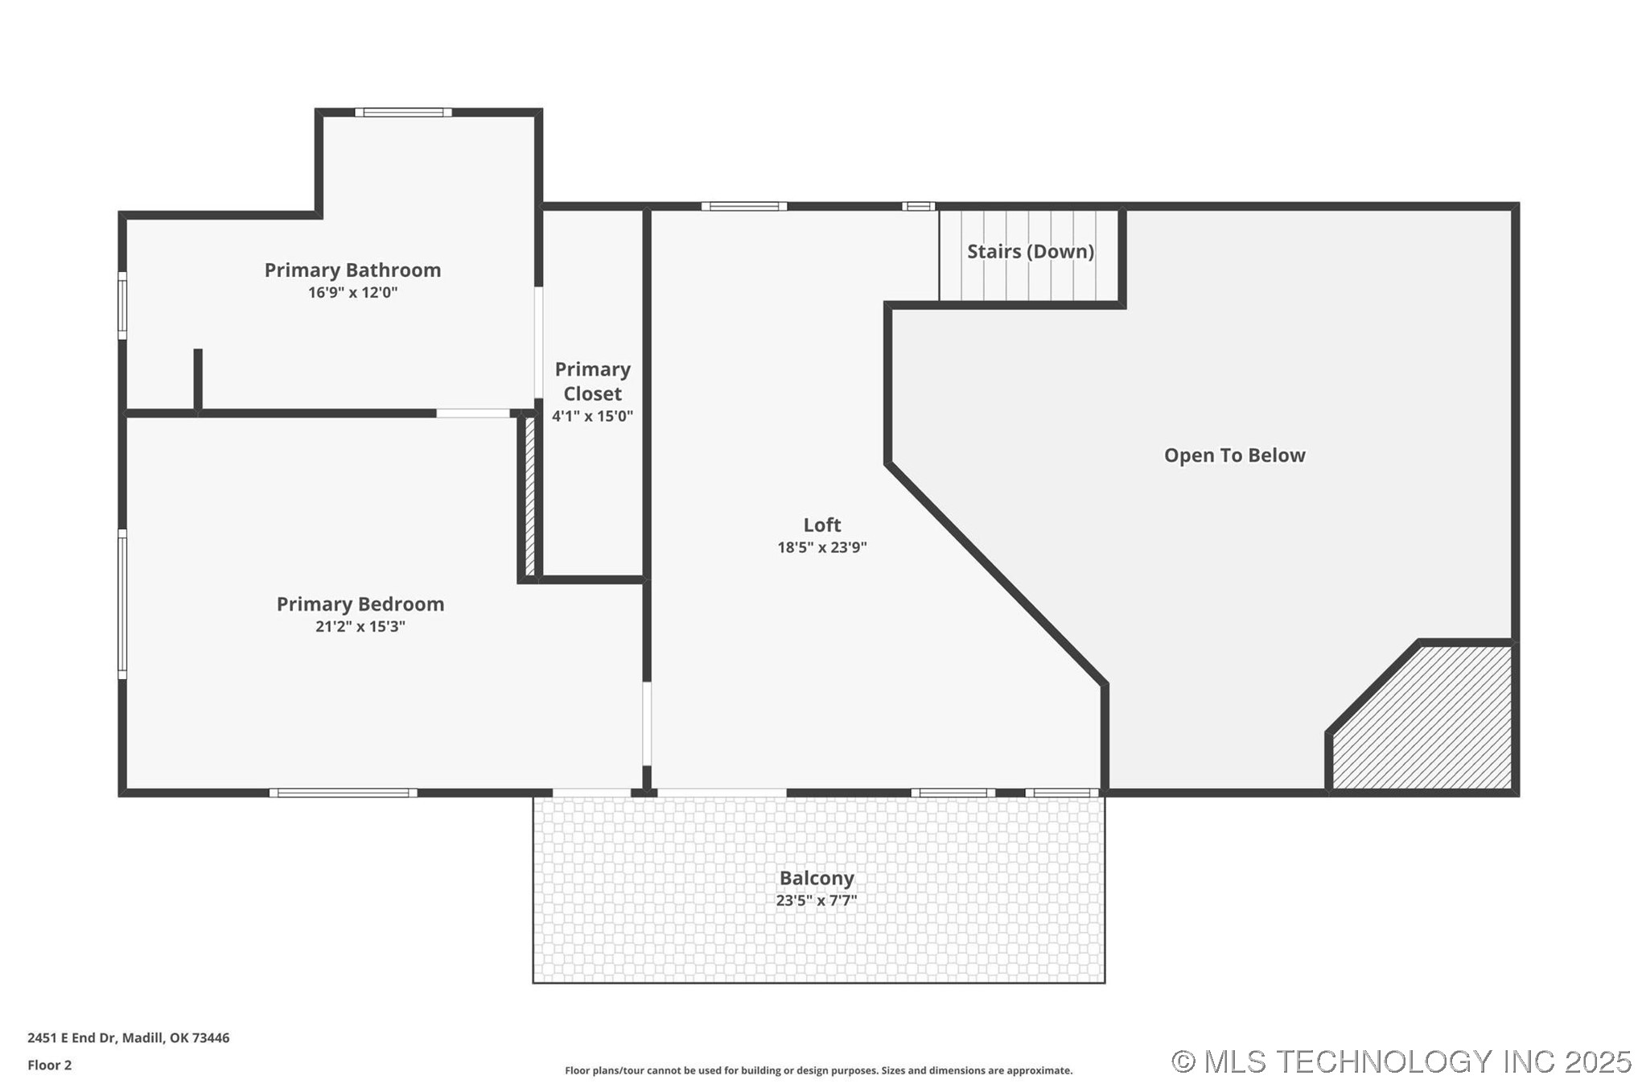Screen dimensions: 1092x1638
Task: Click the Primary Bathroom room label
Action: [x=352, y=270]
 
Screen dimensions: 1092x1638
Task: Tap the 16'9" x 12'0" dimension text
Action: [x=352, y=293]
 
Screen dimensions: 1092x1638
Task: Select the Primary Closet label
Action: [x=592, y=381]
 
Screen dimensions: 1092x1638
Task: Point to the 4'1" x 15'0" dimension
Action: [x=592, y=417]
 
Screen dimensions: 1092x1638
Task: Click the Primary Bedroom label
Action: [x=360, y=604]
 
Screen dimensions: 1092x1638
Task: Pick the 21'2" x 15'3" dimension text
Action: [x=360, y=627]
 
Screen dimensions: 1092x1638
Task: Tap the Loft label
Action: [x=821, y=525]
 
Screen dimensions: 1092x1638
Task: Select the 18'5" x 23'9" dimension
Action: [x=821, y=548]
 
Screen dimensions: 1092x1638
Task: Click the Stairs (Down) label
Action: [x=1030, y=252]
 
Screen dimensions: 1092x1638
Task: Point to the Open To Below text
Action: [x=1234, y=455]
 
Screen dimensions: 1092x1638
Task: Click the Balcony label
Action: [x=816, y=879]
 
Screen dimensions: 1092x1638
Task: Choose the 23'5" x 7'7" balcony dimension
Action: [x=816, y=901]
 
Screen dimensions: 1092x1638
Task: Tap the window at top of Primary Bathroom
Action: [x=403, y=113]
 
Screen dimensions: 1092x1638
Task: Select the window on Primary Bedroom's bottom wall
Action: [x=343, y=793]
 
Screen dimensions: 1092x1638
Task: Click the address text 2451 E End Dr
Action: [x=128, y=1038]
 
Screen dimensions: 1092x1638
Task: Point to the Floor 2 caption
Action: [x=49, y=1065]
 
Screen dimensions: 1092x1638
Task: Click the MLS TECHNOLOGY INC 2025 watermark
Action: [x=1401, y=1062]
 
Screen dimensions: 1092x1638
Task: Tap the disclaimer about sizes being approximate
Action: [x=818, y=1071]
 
